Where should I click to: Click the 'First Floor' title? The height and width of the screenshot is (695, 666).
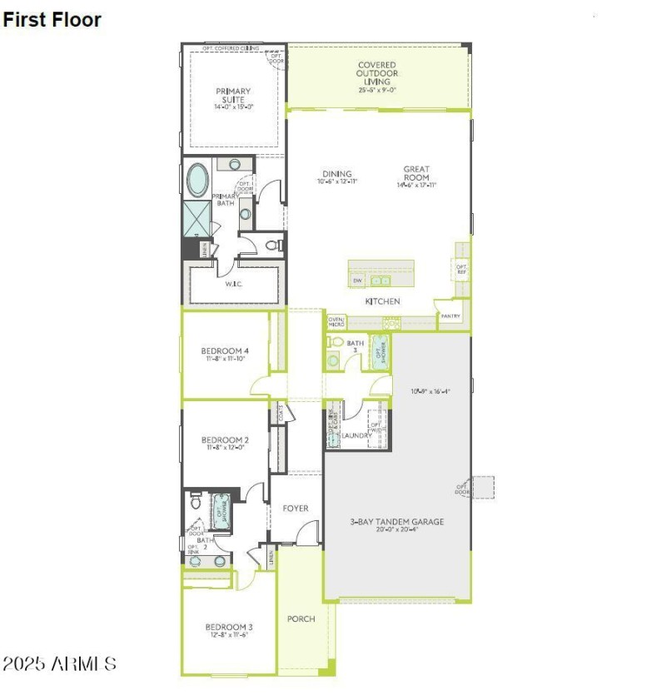pos(52,19)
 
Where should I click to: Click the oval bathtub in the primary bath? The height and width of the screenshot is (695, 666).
pos(198,180)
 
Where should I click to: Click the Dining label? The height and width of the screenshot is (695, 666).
pos(337,177)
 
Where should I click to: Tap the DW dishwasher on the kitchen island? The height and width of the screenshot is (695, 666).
pos(357,280)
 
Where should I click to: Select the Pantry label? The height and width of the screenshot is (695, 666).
pos(450,316)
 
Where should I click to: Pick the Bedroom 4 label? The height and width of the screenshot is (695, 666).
pos(225,355)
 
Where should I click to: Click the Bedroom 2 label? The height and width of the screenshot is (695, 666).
pos(225,444)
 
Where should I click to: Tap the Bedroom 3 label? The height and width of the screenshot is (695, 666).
pos(229,630)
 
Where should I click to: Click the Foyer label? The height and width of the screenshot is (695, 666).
pos(296,508)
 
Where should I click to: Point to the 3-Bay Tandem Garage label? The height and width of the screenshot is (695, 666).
pos(396,526)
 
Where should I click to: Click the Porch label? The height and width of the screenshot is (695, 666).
pos(301,619)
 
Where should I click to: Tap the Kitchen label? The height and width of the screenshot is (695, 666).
pos(383,300)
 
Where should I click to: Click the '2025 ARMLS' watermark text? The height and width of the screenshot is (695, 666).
pos(59,663)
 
